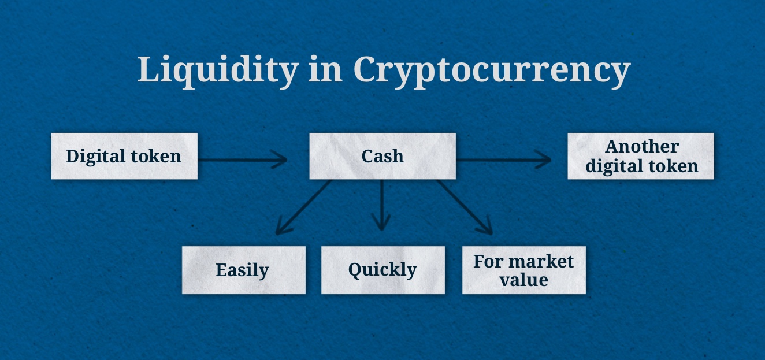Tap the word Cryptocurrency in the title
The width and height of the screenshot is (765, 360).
click(x=491, y=70)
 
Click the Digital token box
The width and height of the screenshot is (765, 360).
click(x=124, y=156)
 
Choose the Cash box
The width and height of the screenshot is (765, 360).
click(x=382, y=156)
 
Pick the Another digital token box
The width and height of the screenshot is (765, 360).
click(x=641, y=156)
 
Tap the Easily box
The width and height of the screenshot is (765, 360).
click(x=243, y=270)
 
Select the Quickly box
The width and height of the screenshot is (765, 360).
click(x=382, y=270)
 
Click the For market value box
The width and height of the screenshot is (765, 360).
click(x=523, y=270)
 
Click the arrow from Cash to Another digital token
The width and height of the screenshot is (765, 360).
click(x=503, y=159)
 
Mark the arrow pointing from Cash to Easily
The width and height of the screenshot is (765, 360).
click(x=303, y=207)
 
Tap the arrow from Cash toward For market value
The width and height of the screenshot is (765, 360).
click(x=464, y=207)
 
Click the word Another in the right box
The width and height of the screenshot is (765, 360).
click(x=641, y=147)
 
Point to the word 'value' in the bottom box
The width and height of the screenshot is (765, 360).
click(x=523, y=280)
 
